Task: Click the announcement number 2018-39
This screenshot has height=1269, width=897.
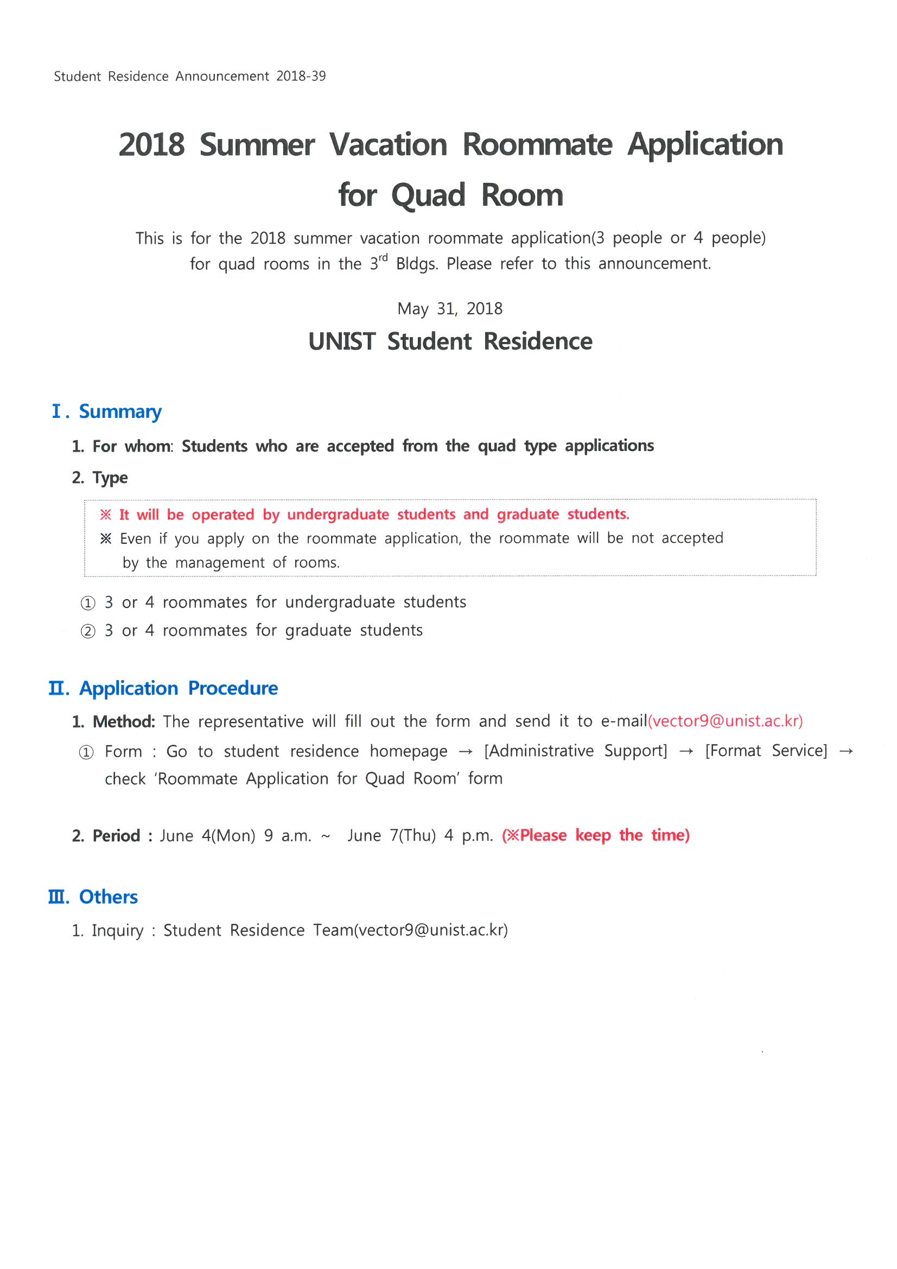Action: (x=301, y=77)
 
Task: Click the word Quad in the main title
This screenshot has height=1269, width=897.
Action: (x=428, y=196)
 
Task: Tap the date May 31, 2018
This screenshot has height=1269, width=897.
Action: (x=450, y=309)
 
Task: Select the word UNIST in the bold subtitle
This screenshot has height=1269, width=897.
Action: (x=342, y=341)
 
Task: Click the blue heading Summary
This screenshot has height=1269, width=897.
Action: (x=120, y=412)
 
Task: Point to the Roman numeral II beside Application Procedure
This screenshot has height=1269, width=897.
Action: (x=58, y=689)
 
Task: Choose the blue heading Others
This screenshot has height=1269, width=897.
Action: (x=109, y=897)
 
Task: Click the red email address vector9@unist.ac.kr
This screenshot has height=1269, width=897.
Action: (x=725, y=721)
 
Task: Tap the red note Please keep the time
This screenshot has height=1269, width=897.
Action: (x=596, y=835)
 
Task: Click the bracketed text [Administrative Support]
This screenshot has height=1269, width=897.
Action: (x=575, y=751)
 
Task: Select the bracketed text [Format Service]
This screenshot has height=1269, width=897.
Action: (x=766, y=751)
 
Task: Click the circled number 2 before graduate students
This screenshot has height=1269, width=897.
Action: (x=88, y=631)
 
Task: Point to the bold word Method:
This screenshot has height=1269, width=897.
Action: (x=124, y=722)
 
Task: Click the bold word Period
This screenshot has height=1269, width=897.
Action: (x=116, y=836)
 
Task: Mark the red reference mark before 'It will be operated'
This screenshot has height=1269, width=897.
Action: (x=106, y=515)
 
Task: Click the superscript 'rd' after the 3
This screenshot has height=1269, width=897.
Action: (x=383, y=258)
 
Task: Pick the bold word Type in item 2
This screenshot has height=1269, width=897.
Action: (x=110, y=478)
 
